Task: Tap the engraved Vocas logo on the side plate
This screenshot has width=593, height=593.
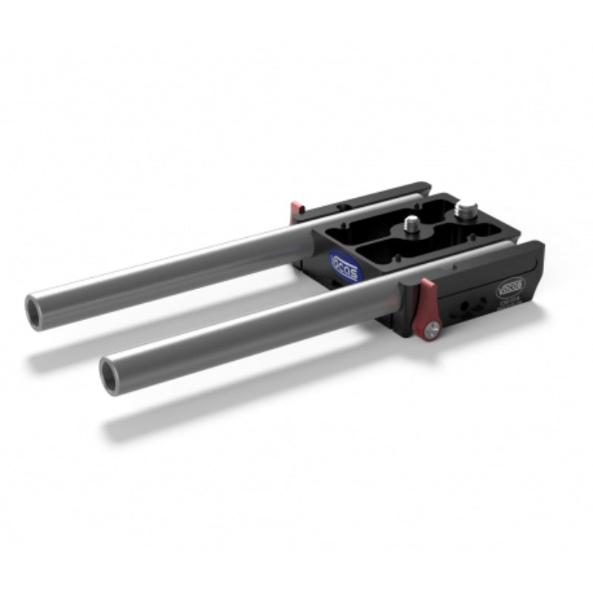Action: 510,285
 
